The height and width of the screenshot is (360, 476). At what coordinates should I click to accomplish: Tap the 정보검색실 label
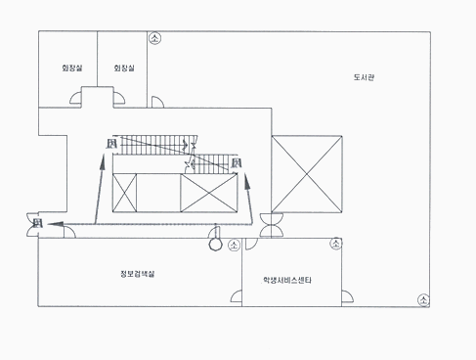[x=138, y=273]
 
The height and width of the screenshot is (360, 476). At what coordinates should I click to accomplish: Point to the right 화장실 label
[x=123, y=67]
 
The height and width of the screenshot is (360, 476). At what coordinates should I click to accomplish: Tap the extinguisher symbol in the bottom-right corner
[x=422, y=299]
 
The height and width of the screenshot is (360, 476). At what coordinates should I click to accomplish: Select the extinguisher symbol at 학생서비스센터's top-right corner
[x=336, y=243]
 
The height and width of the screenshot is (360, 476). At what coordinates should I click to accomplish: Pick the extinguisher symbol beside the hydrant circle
[x=234, y=246]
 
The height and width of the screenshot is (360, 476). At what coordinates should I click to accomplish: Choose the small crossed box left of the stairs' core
[x=125, y=192]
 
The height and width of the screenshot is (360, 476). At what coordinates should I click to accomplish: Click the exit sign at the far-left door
[x=37, y=224]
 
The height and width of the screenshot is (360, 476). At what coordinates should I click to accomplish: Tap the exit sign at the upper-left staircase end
[x=111, y=146]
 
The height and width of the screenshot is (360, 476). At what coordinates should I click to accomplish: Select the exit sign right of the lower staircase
[x=237, y=163]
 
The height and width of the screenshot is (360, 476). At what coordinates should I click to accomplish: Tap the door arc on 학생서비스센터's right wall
[x=348, y=293]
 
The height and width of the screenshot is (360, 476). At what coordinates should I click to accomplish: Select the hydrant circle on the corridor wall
[x=215, y=246]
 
